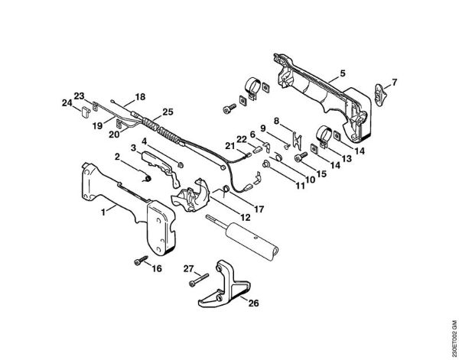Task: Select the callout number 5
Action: (x=343, y=73)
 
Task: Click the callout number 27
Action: (x=187, y=268)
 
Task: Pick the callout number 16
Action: (x=157, y=268)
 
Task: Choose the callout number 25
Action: (x=168, y=112)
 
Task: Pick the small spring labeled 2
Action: (x=145, y=177)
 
